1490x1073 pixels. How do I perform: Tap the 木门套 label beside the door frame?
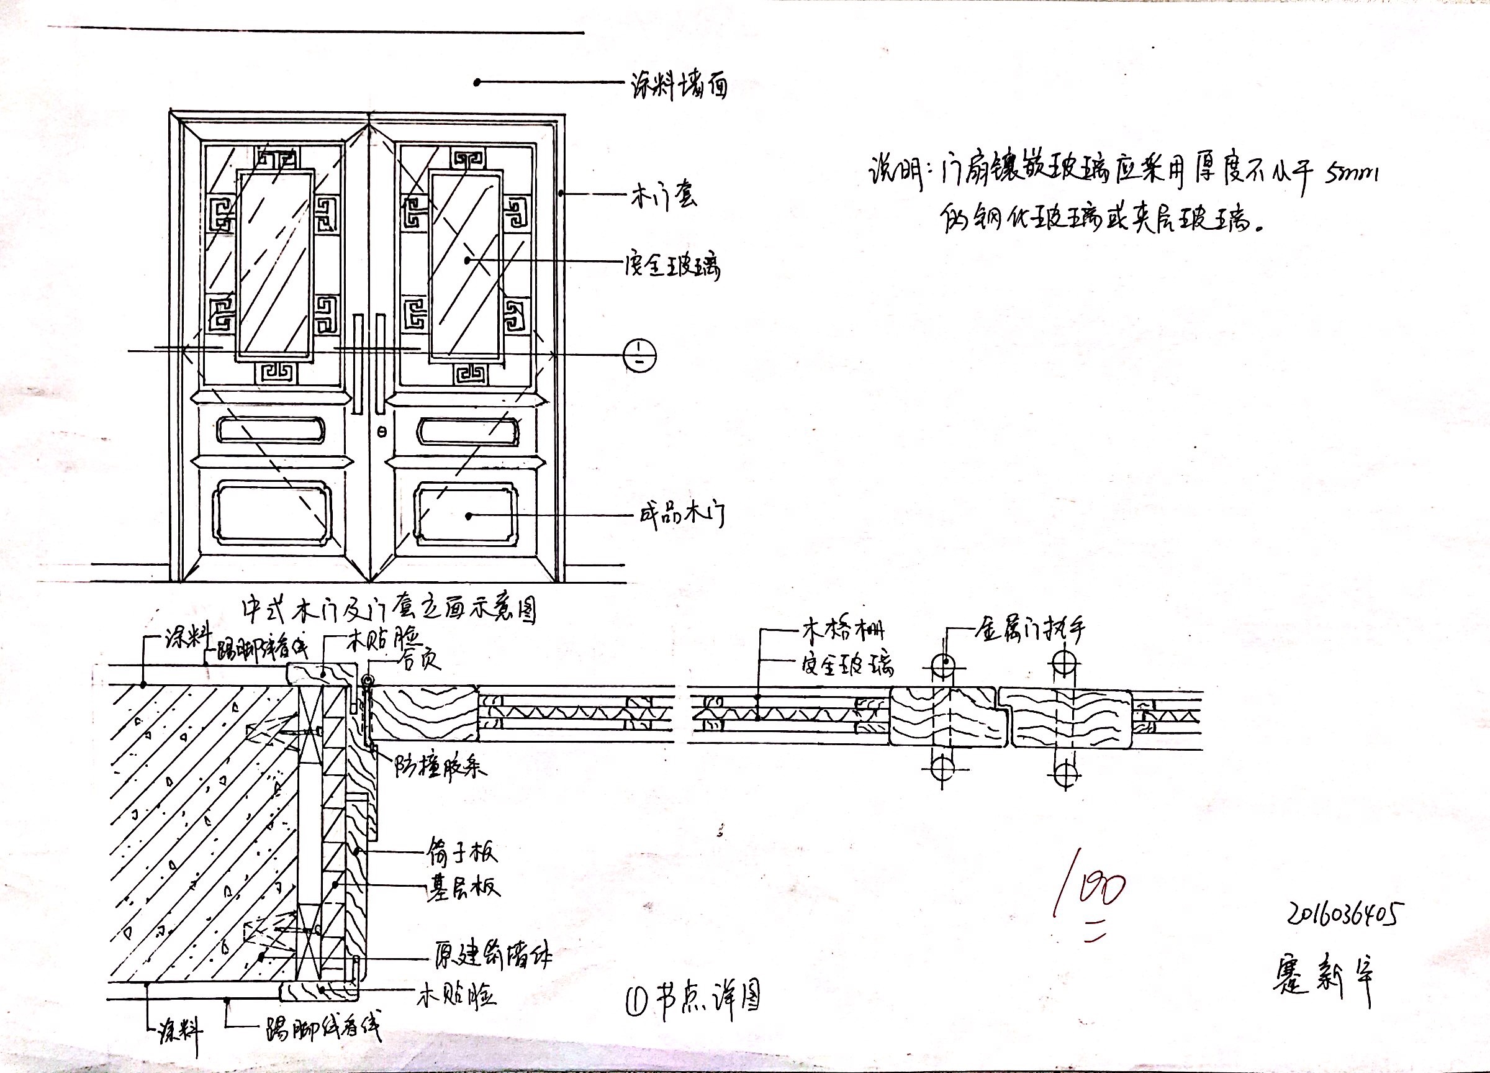click(663, 195)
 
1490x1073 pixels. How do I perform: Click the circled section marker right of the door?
click(639, 357)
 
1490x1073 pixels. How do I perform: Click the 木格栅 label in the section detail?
click(842, 630)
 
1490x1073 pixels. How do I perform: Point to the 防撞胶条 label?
click(440, 766)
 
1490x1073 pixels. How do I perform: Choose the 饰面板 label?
click(462, 851)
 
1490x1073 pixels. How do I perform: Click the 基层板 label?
click(463, 886)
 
